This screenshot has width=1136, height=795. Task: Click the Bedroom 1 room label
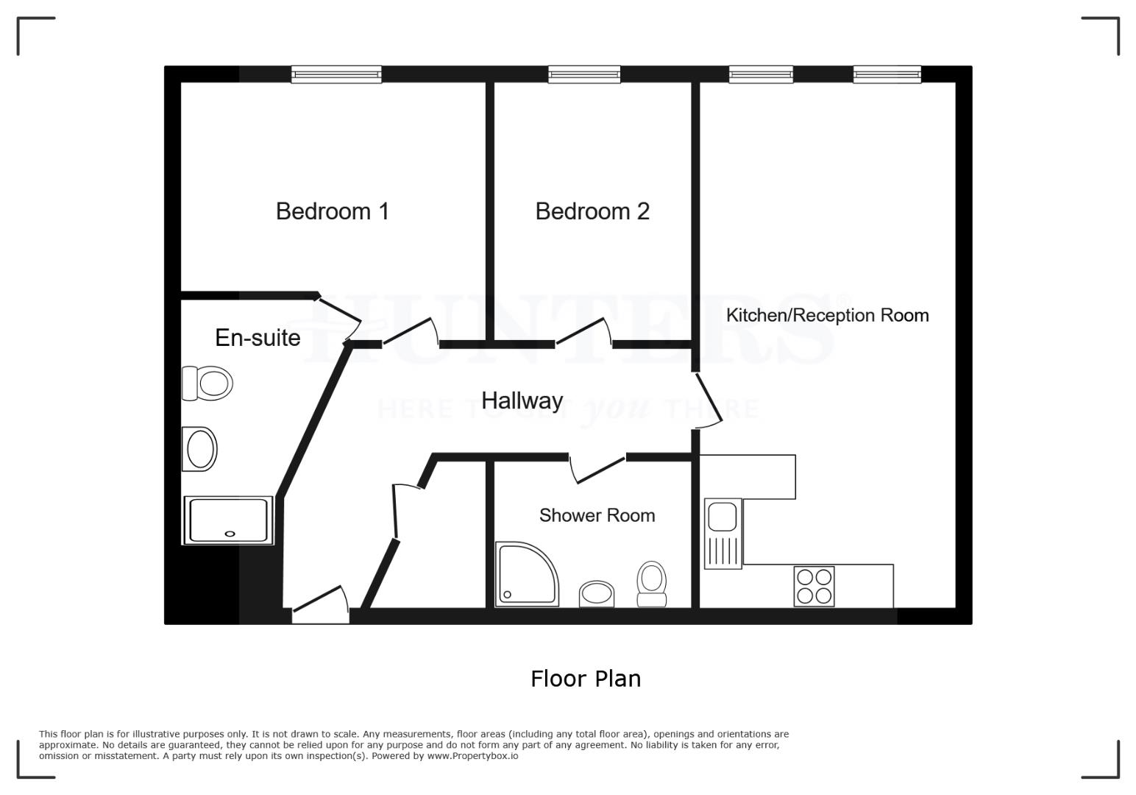click(332, 211)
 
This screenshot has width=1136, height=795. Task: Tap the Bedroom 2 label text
click(592, 211)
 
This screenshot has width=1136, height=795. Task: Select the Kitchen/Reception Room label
click(827, 315)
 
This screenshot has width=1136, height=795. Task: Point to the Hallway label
click(522, 400)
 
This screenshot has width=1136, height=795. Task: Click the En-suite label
click(258, 338)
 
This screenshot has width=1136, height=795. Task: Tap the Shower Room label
click(597, 515)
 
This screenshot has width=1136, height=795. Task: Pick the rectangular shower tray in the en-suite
click(228, 520)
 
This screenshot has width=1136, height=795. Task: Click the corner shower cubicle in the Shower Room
click(523, 575)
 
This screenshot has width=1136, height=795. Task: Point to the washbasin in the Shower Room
click(597, 593)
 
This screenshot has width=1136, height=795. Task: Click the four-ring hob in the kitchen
click(814, 586)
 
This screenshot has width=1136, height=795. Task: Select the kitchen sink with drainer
click(723, 533)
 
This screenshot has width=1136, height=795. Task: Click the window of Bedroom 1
click(336, 74)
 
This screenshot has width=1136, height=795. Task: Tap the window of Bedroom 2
click(584, 74)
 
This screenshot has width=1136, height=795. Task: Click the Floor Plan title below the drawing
click(586, 678)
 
